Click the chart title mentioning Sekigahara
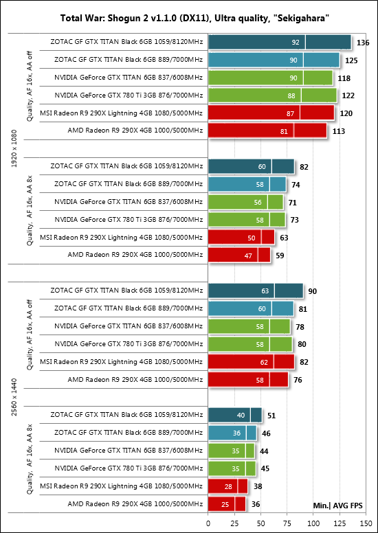[x=194, y=19]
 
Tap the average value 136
[x=363, y=43]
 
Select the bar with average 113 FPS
[x=267, y=131]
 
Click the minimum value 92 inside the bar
[x=296, y=43]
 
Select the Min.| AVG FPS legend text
[x=337, y=506]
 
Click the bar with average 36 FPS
[x=227, y=503]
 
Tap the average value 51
[x=271, y=416]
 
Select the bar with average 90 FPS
[x=256, y=291]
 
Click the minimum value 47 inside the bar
[x=248, y=256]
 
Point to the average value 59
[x=280, y=256]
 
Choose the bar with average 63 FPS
[x=241, y=238]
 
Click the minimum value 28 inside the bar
[x=228, y=486]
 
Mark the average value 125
[x=351, y=60]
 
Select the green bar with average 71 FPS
[x=245, y=202]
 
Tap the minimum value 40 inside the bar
[x=241, y=416]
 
